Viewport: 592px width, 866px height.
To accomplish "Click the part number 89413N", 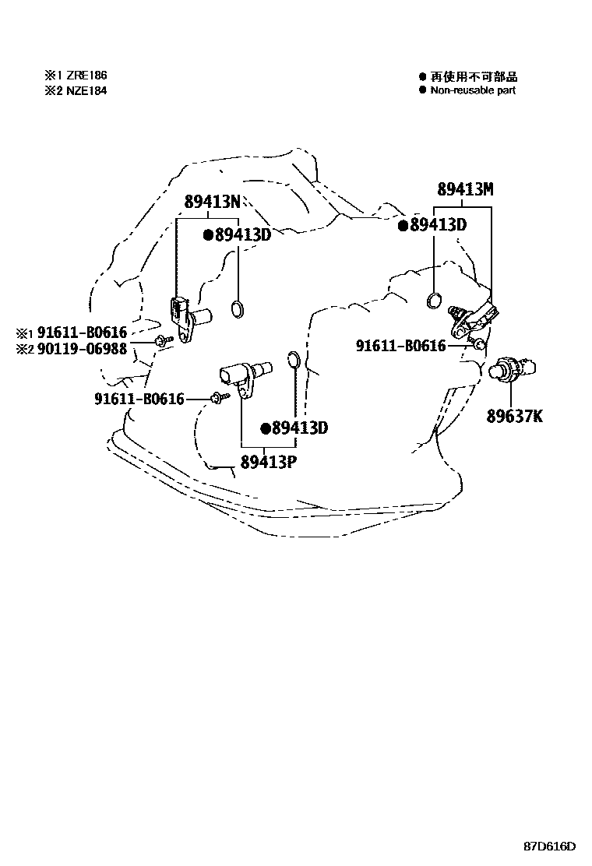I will pos(211,201).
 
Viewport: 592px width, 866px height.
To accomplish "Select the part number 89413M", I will pos(465,189).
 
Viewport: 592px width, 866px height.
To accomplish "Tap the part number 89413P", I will pos(268,460).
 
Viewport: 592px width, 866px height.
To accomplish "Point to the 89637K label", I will pos(515,417).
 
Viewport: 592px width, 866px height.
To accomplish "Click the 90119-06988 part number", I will pos(97,348).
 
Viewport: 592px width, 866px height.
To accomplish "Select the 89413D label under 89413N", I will pos(242,234).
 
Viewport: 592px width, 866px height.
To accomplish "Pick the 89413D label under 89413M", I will pos(437,225).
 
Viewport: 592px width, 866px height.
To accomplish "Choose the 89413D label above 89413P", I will pos(300,428).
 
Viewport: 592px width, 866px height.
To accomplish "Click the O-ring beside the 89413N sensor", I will pos(239,311).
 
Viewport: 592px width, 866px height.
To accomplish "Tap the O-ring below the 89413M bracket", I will pos(436,300).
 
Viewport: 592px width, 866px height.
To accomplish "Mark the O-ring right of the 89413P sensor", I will pos(294,359).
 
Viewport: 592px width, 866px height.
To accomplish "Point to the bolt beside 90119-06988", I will pos(163,341).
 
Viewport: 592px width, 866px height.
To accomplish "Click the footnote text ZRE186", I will pos(86,76).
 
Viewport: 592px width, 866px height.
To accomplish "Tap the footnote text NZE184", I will pos(86,90).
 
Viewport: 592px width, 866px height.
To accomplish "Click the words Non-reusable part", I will pos(473,90).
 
